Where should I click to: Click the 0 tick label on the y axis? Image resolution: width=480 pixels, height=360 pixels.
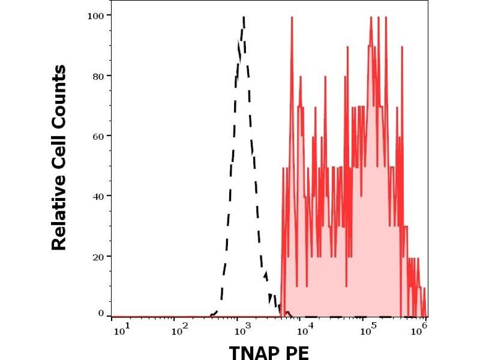tap(101, 313)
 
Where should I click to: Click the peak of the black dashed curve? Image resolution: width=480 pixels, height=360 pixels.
tap(244, 17)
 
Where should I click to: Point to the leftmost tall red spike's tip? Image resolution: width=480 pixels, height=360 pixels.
tap(292, 17)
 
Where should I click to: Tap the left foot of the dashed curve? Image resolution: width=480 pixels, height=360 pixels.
tap(211, 314)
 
